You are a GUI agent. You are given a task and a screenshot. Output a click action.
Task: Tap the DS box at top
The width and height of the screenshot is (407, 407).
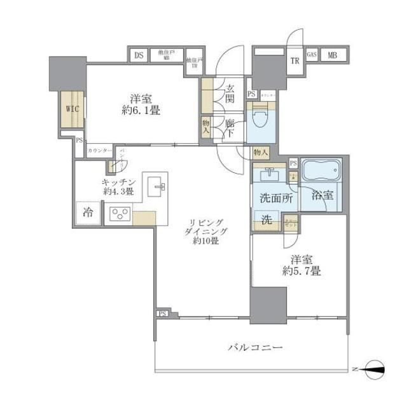(138, 55)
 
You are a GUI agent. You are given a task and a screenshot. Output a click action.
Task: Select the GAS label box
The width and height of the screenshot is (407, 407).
(312, 55)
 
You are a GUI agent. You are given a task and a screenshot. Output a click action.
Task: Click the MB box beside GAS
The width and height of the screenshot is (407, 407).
(333, 55)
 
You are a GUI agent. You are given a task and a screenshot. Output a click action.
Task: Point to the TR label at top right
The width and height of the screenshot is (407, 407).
(294, 61)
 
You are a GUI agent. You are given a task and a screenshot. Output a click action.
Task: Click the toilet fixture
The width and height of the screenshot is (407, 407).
(259, 118)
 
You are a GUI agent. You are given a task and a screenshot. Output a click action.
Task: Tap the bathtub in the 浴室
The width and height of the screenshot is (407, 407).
(321, 171)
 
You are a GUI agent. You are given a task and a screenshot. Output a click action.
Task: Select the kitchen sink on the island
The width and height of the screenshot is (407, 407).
(156, 186)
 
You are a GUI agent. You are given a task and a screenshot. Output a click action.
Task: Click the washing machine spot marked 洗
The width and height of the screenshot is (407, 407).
(268, 221)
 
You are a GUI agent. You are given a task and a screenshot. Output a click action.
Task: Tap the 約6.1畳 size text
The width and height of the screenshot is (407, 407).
(141, 110)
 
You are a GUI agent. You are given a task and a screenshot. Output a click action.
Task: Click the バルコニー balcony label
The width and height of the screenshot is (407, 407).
(256, 348)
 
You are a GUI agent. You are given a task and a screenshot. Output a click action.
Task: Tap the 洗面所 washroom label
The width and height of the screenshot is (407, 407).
(275, 198)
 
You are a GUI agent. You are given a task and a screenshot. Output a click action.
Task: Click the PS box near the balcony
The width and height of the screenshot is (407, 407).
(162, 314)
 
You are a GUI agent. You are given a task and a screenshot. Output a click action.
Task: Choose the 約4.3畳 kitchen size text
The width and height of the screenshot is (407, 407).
(118, 191)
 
